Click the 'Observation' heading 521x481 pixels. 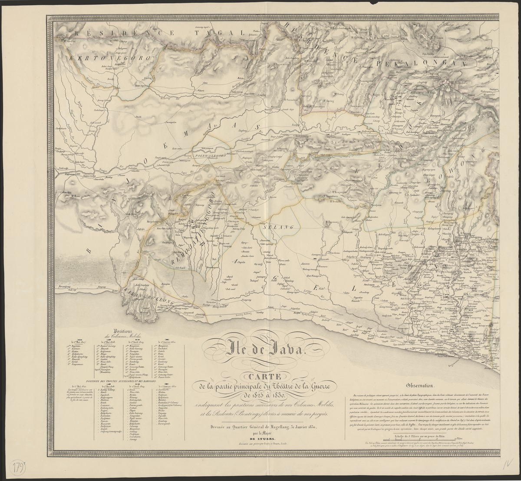pyautogui.click(x=419, y=385)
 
